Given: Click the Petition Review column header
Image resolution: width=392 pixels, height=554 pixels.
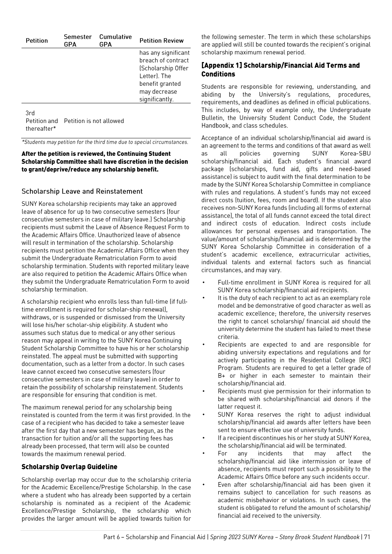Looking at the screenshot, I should [161, 41].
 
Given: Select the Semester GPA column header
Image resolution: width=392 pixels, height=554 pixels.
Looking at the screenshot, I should [77, 41].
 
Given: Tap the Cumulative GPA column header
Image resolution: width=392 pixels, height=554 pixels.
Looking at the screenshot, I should [115, 41].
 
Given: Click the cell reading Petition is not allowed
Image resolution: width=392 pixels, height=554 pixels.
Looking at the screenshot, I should [94, 121].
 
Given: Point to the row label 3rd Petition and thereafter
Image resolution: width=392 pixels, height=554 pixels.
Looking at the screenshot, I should [41, 121].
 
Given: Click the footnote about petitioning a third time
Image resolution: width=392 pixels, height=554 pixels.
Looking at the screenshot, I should [105, 142].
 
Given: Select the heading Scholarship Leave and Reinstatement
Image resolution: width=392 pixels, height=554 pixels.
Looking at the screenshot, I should [82, 191].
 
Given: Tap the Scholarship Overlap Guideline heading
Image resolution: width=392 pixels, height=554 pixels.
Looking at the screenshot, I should [69, 467].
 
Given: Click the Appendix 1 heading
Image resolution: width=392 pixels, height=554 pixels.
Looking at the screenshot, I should [280, 69].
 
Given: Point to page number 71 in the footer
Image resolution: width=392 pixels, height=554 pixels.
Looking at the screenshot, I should [367, 537].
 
